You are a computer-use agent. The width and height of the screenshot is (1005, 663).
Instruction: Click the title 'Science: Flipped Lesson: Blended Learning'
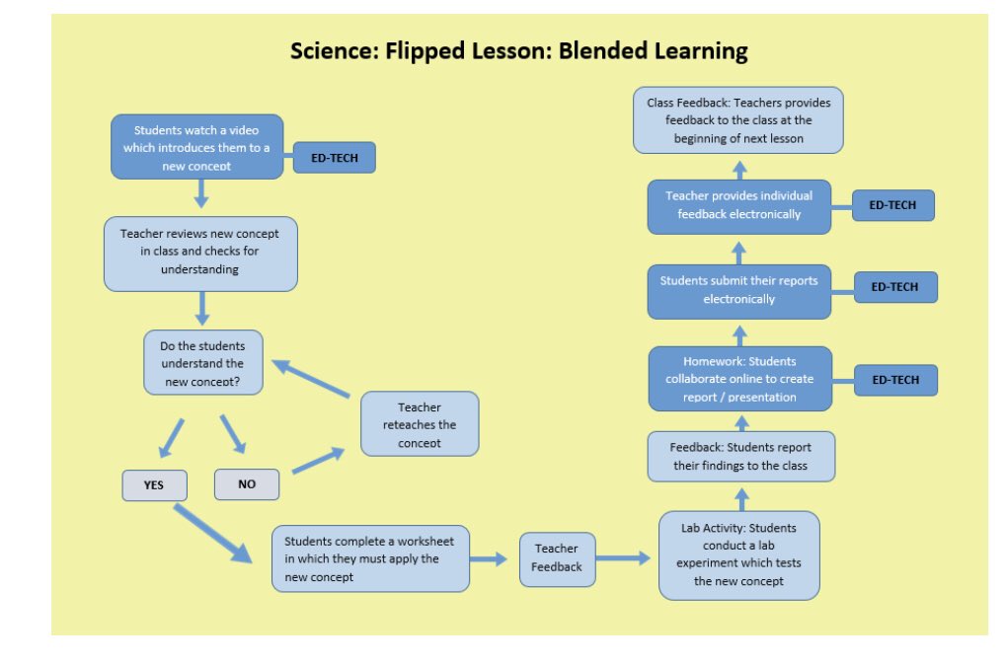[x=518, y=50]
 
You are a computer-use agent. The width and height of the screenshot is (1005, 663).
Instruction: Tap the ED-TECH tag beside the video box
[x=334, y=158]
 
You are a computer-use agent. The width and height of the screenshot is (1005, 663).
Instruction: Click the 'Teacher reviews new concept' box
[x=200, y=254]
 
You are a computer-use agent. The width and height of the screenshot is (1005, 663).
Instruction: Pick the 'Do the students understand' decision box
[x=204, y=363]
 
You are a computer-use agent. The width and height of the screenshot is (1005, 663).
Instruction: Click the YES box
[x=153, y=484]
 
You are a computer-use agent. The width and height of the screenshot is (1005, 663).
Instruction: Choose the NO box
[x=247, y=484]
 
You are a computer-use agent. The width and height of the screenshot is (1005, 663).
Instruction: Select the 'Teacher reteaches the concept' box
[x=420, y=423]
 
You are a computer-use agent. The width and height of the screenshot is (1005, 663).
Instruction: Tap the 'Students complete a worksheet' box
[x=370, y=558]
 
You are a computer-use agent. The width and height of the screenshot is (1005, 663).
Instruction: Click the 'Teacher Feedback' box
[x=557, y=558]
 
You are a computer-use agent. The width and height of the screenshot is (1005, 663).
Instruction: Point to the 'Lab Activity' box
[x=738, y=554]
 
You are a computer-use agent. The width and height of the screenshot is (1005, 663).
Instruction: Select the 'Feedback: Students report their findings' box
[x=741, y=456]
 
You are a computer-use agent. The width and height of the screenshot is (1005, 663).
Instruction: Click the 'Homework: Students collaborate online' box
[x=740, y=379]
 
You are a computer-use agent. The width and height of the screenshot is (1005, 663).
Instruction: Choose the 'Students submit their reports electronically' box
[x=739, y=290]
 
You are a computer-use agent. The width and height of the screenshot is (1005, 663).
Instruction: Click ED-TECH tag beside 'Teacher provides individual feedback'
[x=893, y=205]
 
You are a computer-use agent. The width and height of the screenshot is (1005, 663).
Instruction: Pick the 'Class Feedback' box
[x=738, y=119]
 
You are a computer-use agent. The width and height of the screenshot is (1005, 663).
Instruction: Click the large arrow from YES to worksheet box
[x=212, y=534]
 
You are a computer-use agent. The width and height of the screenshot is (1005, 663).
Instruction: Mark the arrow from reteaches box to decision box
[x=311, y=380]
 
